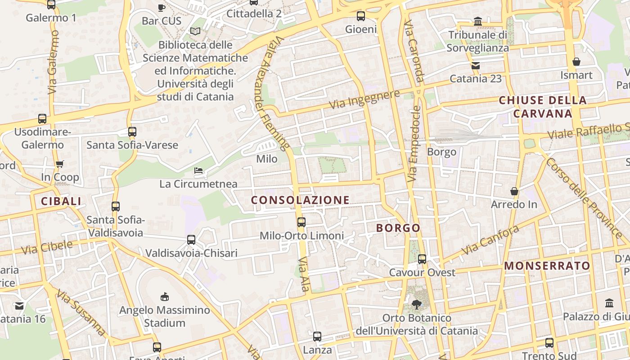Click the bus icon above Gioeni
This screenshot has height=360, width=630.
[x=360, y=16]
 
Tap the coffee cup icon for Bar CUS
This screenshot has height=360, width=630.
[x=162, y=7]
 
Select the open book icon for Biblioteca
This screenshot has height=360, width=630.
[x=195, y=31]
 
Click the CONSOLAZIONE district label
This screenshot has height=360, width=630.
[x=300, y=200]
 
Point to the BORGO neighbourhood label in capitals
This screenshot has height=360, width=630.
[x=398, y=228]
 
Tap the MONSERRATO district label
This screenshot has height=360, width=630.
[x=547, y=265]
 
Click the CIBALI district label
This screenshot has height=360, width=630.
[x=61, y=201]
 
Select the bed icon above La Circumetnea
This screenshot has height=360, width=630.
[x=198, y=171]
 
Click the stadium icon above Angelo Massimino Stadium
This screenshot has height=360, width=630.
[x=165, y=297]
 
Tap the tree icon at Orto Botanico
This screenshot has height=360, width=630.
[x=417, y=305]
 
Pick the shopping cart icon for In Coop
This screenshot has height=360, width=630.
[x=60, y=164]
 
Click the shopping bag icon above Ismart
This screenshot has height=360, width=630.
[x=576, y=62]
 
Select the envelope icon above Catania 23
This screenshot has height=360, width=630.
[x=476, y=66]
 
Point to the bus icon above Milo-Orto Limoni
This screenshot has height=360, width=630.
[x=301, y=222]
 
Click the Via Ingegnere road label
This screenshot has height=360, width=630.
[x=364, y=99]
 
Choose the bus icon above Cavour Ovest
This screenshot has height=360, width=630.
[x=422, y=259]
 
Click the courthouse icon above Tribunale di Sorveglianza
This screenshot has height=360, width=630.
[x=478, y=21]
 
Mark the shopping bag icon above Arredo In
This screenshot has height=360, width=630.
[x=514, y=191]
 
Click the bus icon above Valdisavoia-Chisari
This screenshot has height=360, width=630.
[x=191, y=240]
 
